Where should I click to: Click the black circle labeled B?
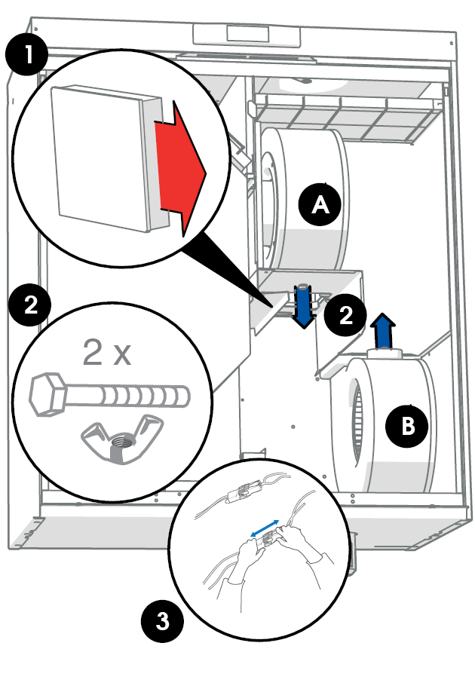click(408, 427)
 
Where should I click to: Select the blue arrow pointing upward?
click(384, 331)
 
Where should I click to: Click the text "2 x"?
click(106, 352)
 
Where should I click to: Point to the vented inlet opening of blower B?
click(360, 426)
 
